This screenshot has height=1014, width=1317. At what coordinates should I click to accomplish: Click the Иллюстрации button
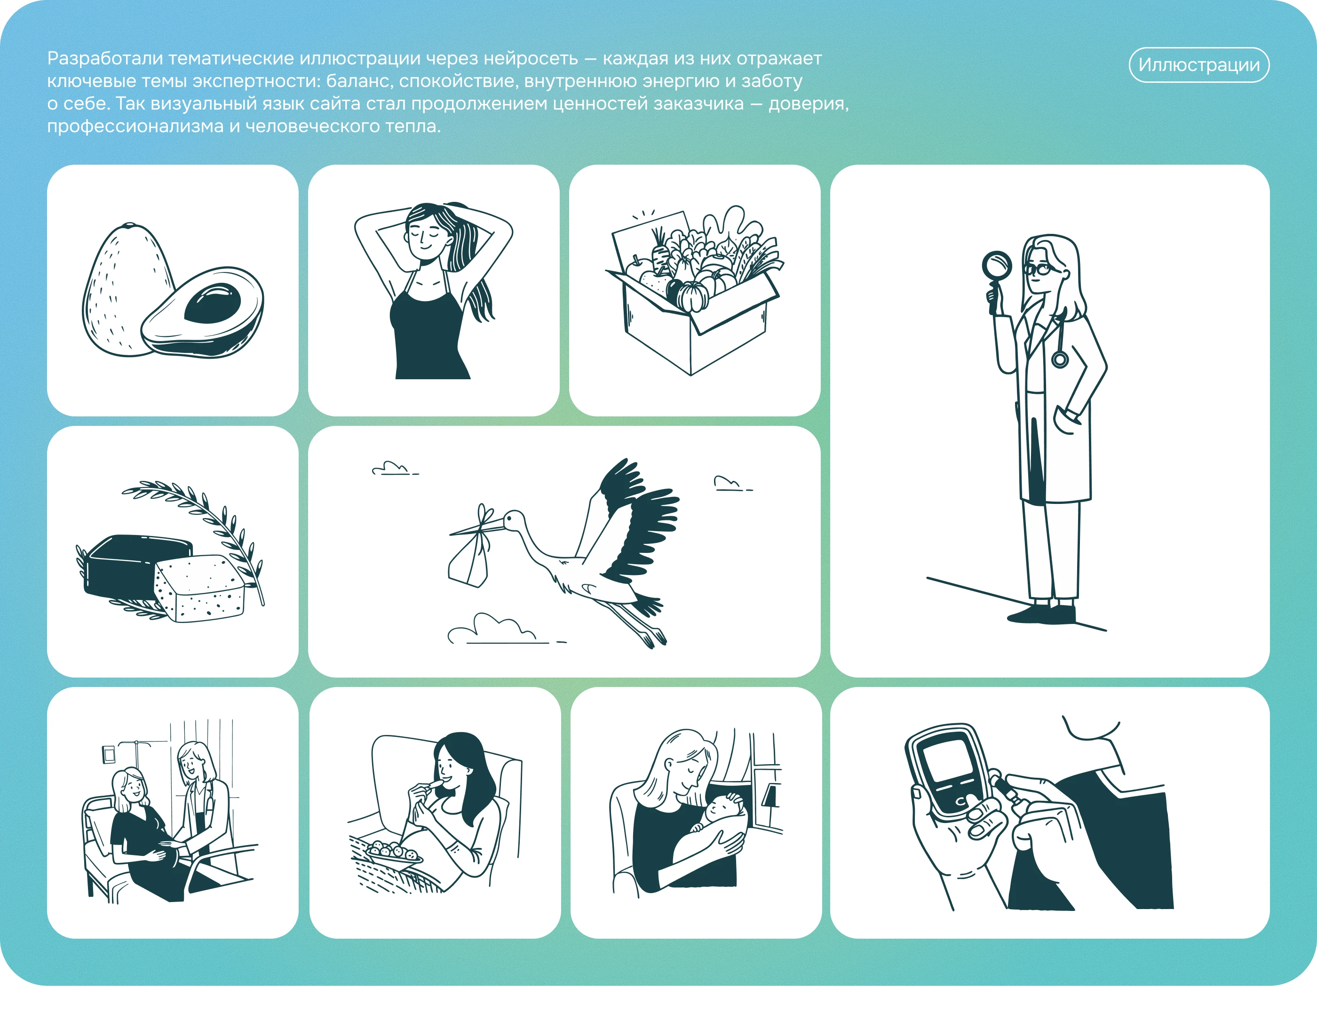coord(1199,64)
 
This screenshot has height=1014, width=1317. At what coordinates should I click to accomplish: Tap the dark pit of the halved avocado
coord(212,303)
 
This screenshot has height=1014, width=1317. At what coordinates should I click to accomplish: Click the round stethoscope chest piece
coord(1060,359)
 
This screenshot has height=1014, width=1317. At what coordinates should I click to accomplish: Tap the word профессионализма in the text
coord(135,126)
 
